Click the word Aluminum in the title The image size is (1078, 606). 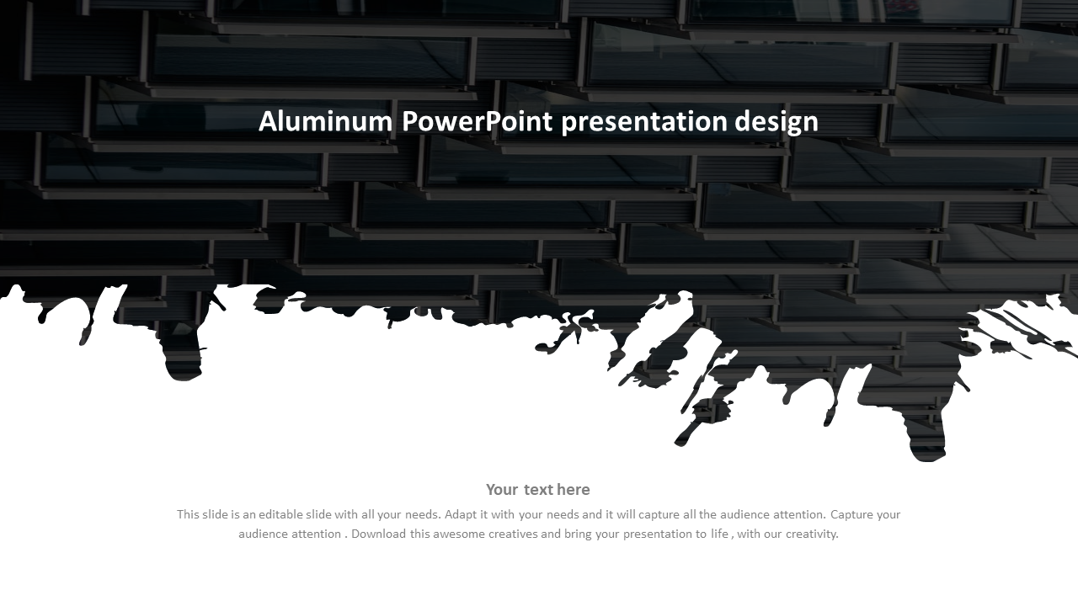(325, 121)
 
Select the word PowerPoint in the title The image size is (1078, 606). (477, 121)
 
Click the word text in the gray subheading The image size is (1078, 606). (538, 490)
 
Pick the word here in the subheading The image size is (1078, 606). (573, 490)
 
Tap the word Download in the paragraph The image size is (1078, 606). (379, 534)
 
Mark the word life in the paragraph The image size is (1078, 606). (719, 534)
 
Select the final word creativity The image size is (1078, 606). (813, 534)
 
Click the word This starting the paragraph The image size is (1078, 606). (188, 514)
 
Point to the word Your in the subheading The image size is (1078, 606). (502, 490)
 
